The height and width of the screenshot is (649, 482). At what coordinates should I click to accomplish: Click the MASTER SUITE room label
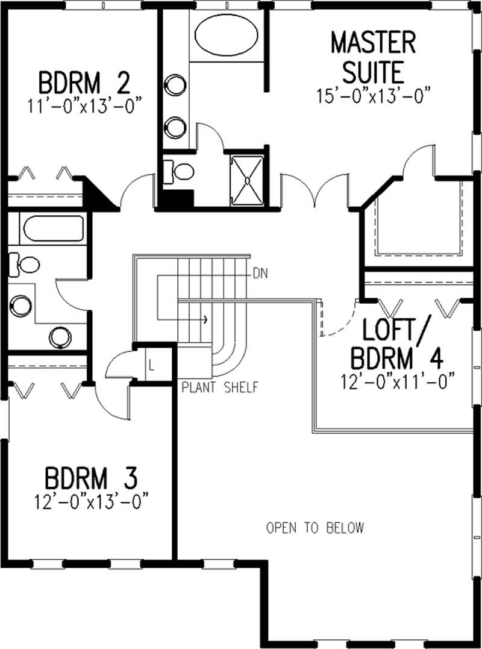[373, 58]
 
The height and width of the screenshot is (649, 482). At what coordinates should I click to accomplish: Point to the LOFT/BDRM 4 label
[398, 344]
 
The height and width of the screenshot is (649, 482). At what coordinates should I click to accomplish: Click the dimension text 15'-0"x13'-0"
[374, 95]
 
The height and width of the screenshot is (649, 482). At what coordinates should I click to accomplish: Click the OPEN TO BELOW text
[315, 528]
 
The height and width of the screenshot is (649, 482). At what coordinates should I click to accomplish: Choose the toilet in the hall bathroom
[24, 263]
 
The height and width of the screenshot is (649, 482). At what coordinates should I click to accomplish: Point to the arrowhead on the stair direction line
[207, 318]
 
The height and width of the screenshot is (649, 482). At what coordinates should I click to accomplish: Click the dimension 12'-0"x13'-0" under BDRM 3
[92, 501]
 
